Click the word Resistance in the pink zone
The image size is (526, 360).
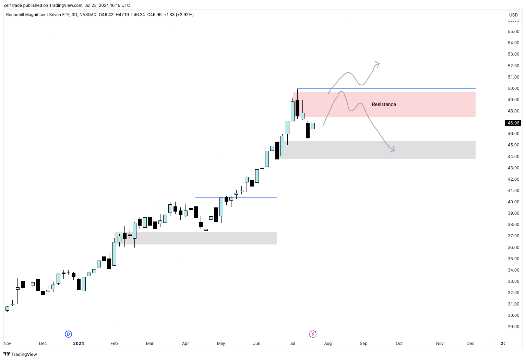pos(384,104)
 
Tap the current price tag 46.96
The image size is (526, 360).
pos(513,123)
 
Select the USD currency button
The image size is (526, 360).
pos(513,15)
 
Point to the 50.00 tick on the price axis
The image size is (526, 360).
pos(513,88)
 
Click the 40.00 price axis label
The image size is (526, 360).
pos(513,202)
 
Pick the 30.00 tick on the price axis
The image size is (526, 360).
pos(513,315)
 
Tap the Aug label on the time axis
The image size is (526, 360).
pos(328,343)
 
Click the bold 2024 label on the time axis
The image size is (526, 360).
pos(79,343)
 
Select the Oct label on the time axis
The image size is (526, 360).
pos(399,343)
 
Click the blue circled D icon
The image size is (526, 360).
pos(68,334)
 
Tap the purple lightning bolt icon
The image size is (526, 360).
pos(313,334)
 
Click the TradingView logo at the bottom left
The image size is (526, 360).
pos(20,354)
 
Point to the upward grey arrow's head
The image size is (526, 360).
pos(378,63)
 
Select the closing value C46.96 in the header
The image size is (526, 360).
pos(154,15)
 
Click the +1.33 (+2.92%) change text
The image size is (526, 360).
pos(179,15)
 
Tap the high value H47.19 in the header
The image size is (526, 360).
pos(122,15)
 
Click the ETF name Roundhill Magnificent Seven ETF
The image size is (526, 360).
pos(38,15)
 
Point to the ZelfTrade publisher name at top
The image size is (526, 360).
pos(13,5)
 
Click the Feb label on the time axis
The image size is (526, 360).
pos(114,343)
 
